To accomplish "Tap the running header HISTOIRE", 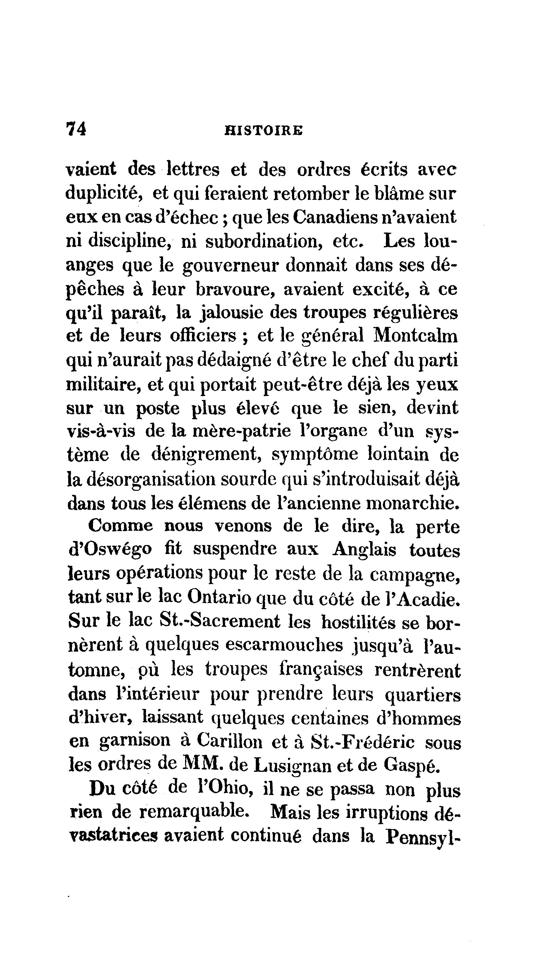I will (263, 130).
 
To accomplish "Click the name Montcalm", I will (415, 336).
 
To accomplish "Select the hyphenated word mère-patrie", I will (241, 431).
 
